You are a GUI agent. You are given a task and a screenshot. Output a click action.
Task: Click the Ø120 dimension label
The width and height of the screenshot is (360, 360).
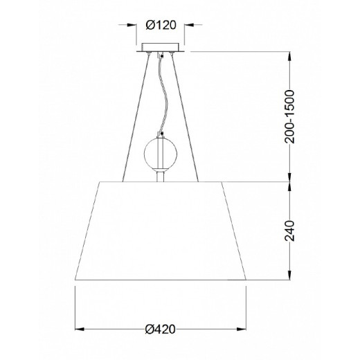coord(161,25)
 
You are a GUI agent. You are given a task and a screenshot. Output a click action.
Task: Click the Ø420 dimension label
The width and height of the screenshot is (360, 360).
coord(161,329)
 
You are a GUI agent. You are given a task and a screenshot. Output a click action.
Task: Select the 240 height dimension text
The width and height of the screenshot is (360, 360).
coord(289,231)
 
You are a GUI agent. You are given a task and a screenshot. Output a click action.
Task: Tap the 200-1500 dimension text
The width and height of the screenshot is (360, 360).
coord(289,117)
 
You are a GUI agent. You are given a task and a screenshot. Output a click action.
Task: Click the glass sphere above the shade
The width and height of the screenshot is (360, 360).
coord(161,154)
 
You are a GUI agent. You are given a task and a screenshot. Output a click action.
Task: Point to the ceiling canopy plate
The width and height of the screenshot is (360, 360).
coord(161,48)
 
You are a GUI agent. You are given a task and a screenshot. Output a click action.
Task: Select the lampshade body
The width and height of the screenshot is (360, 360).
coord(161,231)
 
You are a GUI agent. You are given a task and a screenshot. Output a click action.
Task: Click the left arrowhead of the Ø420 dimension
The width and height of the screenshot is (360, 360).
coord(80,329)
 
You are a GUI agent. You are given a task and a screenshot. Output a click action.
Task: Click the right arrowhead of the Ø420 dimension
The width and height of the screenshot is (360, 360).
coord(242,329)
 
